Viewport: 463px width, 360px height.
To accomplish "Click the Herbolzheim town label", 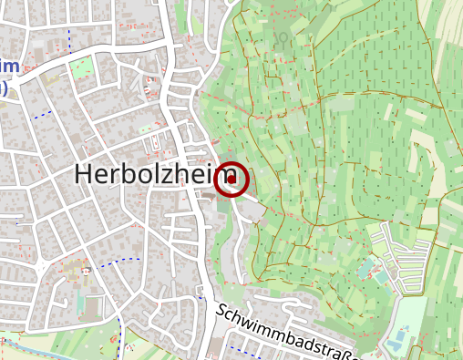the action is pyautogui.click(x=143, y=175).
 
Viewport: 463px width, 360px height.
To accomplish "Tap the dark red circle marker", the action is pyautogui.click(x=231, y=180).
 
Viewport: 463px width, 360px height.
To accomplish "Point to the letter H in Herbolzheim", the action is pyautogui.click(x=83, y=175).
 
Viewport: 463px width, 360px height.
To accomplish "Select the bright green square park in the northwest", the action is pyautogui.click(x=82, y=67).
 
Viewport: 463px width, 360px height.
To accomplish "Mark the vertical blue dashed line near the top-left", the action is pyautogui.click(x=69, y=38).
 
